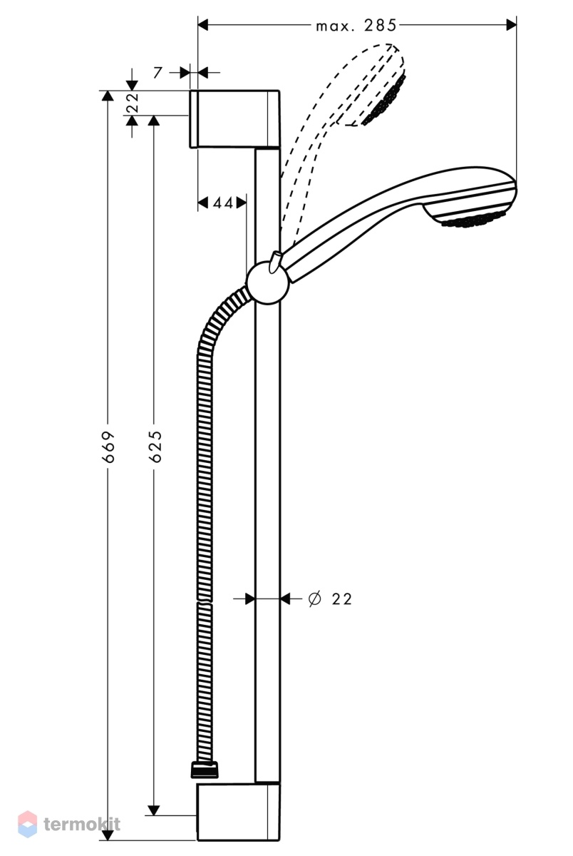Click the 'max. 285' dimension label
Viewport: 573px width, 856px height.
(356, 26)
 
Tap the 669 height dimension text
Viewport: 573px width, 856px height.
(110, 447)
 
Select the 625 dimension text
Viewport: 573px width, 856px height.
(157, 447)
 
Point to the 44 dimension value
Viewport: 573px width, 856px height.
(223, 203)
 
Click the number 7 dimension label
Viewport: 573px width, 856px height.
(158, 72)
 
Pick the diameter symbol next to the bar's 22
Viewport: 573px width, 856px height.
(315, 598)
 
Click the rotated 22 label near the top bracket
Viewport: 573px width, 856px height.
(133, 103)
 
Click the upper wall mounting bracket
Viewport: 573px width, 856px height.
(234, 119)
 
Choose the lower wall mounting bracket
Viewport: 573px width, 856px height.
(238, 811)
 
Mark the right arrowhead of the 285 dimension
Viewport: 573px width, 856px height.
(511, 26)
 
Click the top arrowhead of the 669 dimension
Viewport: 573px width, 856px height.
(108, 96)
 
